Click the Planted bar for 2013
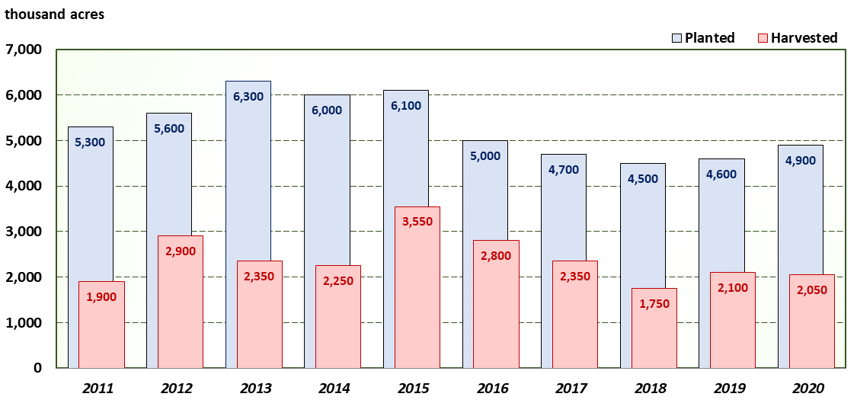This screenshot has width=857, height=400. [248, 168]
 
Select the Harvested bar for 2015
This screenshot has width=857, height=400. [417, 305]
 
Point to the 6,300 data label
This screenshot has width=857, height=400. [248, 97]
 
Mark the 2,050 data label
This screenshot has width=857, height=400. [811, 290]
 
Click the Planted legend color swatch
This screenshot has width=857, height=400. [676, 38]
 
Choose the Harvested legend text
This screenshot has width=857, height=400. [804, 38]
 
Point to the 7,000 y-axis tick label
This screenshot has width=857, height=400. [25, 50]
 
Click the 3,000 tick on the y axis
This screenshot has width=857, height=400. [25, 232]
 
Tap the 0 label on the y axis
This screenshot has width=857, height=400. [37, 368]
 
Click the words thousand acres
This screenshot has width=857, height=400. [55, 14]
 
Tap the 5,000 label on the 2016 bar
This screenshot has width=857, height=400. [485, 156]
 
